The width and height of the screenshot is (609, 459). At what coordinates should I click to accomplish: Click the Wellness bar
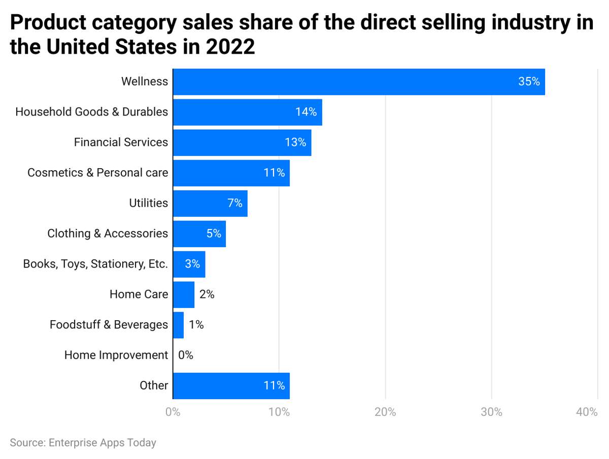point(358,82)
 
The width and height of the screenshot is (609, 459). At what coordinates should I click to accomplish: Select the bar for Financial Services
point(242,142)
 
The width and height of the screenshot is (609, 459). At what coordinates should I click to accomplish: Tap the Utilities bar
point(210,203)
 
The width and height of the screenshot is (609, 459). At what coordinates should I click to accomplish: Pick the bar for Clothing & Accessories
point(199,234)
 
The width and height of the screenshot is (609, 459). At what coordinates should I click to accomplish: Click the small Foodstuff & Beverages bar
point(178,325)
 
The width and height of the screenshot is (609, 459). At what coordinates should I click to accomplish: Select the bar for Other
point(231,386)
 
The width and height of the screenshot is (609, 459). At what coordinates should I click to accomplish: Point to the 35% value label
point(529,82)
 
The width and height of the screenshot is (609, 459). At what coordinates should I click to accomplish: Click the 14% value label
point(306,112)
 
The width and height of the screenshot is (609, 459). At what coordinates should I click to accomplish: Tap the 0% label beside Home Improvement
point(186,355)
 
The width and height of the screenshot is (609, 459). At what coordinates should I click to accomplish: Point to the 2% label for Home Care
point(207,294)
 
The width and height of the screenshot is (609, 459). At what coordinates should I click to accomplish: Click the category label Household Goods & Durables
point(91,112)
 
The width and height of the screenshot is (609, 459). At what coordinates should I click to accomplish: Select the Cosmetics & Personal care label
point(97,173)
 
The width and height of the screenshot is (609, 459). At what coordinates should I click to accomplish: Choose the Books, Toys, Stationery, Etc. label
point(95,264)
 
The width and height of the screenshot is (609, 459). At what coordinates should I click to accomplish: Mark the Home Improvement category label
point(116,355)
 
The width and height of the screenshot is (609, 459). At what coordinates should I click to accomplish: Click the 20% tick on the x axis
point(385,412)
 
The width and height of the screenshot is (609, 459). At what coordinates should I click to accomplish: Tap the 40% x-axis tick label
point(587,412)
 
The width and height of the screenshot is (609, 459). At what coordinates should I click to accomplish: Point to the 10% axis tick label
point(279,412)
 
